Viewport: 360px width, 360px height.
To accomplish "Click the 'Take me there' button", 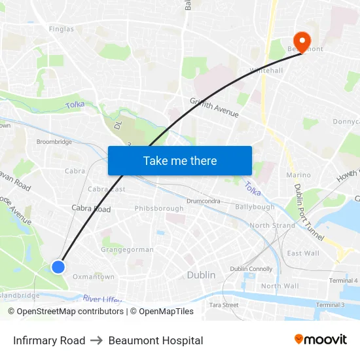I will [180, 160].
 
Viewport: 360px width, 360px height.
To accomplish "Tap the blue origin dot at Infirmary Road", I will [58, 266].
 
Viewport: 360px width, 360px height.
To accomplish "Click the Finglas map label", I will [62, 29].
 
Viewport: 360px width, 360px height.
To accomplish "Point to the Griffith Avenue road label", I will [214, 108].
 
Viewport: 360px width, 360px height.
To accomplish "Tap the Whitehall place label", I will [266, 71].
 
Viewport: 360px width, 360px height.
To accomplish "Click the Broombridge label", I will [54, 141].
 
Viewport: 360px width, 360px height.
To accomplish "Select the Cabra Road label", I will [91, 209].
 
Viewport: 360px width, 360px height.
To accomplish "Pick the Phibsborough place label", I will [159, 209].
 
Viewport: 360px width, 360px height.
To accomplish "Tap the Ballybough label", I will [255, 207].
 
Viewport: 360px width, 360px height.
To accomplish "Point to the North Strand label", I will [272, 225].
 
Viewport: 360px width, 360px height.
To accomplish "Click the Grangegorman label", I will [128, 249].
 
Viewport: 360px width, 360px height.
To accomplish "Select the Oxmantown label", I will [94, 277].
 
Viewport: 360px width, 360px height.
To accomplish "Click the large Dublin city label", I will [201, 275].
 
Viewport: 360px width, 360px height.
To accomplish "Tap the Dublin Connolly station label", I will [251, 269].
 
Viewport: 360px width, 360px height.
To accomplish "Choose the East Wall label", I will [303, 253].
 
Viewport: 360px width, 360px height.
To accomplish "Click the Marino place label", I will [298, 175].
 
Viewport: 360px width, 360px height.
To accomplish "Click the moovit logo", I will [321, 340].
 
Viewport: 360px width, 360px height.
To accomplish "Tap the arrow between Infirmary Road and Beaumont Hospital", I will [97, 340].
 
